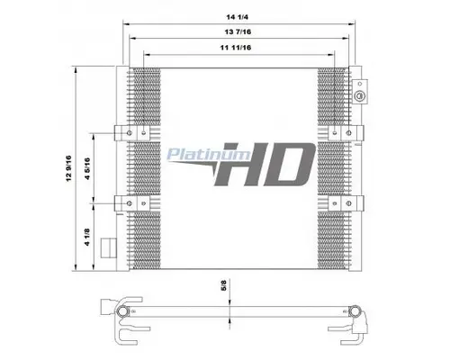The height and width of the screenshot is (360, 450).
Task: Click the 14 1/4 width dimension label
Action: pos(237,17)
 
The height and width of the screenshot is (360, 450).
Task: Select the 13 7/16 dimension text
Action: pos(238,31)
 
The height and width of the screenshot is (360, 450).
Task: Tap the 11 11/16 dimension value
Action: pos(236,48)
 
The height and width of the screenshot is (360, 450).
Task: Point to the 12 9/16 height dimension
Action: pos(69,168)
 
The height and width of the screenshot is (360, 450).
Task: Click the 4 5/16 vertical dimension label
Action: pos(87,168)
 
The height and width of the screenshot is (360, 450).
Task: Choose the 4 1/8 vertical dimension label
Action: pos(87,238)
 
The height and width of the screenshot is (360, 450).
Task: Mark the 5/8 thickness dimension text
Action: pos(223,285)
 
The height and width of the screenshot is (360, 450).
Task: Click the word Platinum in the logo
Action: pos(208,154)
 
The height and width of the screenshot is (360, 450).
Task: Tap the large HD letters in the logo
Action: pos(265,164)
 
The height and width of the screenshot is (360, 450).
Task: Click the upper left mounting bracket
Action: pos(132,133)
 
